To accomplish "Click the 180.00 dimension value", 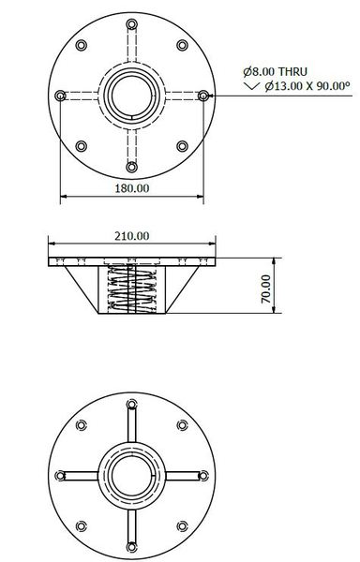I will [x=131, y=187].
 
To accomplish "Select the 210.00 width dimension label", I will [x=131, y=235].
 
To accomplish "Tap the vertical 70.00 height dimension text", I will [x=264, y=288].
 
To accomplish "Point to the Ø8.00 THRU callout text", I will [x=273, y=71].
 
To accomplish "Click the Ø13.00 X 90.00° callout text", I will [x=299, y=86].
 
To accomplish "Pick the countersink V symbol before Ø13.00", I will [x=248, y=86].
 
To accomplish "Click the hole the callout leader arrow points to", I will [x=202, y=95].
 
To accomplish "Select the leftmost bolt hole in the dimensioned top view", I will [x=61, y=95].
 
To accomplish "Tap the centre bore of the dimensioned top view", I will [x=131, y=95].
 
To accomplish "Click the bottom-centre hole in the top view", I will [x=131, y=166].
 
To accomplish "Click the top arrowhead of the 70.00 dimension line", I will [x=274, y=259].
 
